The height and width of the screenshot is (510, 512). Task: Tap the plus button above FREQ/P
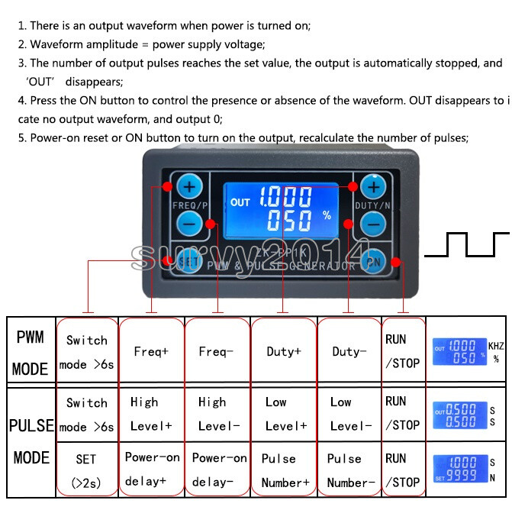[188, 187]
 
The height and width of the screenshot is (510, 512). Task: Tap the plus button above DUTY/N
[373, 187]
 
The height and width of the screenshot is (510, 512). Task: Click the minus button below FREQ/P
[190, 223]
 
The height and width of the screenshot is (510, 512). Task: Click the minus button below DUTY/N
[372, 224]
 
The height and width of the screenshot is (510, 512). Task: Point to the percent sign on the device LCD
[327, 215]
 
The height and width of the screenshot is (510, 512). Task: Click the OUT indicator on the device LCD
[240, 202]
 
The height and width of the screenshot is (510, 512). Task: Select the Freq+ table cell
[151, 352]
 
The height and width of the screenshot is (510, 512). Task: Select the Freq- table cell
[217, 352]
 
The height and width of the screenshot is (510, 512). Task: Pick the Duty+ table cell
[283, 352]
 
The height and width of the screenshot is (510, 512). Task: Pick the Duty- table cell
[349, 352]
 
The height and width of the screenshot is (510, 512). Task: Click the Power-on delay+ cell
[152, 470]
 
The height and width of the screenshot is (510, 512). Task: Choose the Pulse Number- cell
[349, 470]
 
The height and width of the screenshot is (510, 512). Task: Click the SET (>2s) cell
[85, 470]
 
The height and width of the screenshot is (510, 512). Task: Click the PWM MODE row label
[30, 353]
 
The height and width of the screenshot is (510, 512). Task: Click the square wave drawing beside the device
[467, 245]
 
